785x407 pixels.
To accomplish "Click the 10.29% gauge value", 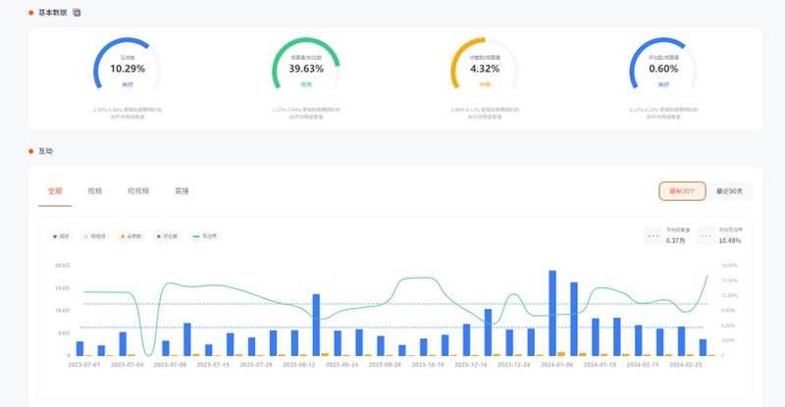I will tap(128, 70).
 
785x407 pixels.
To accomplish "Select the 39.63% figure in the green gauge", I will tap(306, 70).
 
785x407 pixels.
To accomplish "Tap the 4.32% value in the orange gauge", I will tap(485, 70).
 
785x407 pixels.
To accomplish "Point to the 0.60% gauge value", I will tap(663, 70).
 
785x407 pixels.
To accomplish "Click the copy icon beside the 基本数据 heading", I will tap(77, 12).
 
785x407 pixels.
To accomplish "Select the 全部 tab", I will tap(54, 191).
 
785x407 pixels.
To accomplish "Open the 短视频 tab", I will tap(137, 191).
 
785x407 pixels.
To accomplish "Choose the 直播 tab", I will tap(182, 191).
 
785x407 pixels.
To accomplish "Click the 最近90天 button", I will tap(730, 191).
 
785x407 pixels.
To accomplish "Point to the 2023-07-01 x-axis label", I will tap(84, 364).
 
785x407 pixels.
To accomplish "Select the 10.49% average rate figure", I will tap(729, 240).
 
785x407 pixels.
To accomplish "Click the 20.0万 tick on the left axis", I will tap(63, 265).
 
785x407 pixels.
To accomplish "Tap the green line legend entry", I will tap(208, 236).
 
